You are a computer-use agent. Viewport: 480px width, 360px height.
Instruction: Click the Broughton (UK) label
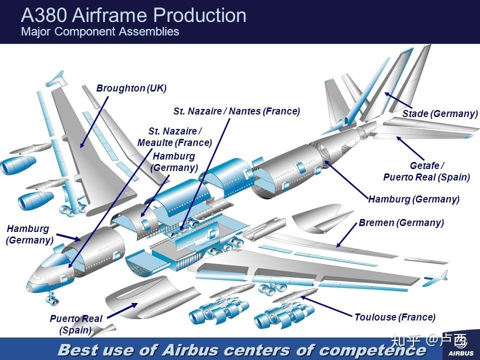[x=131, y=88]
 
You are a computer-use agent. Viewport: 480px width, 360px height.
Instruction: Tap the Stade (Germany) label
[x=440, y=114]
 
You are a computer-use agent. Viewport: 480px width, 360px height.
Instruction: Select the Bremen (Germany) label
[x=401, y=222]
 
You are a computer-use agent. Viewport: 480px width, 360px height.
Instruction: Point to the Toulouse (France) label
[x=395, y=317]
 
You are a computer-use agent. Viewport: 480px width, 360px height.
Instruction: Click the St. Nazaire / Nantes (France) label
[x=236, y=111]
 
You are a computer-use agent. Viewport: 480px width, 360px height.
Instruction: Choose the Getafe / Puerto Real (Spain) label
[x=426, y=171]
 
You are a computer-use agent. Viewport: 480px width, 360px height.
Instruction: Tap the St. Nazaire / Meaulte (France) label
[x=174, y=136]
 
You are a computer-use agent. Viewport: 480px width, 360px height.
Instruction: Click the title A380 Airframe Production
[x=133, y=15]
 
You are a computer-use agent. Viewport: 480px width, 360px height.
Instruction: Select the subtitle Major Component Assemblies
[x=99, y=32]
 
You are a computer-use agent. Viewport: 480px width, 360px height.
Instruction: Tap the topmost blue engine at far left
[x=12, y=165]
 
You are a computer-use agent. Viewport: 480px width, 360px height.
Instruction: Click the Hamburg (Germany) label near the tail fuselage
[x=413, y=199]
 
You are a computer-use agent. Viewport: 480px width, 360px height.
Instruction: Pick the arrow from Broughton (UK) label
[x=93, y=121]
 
